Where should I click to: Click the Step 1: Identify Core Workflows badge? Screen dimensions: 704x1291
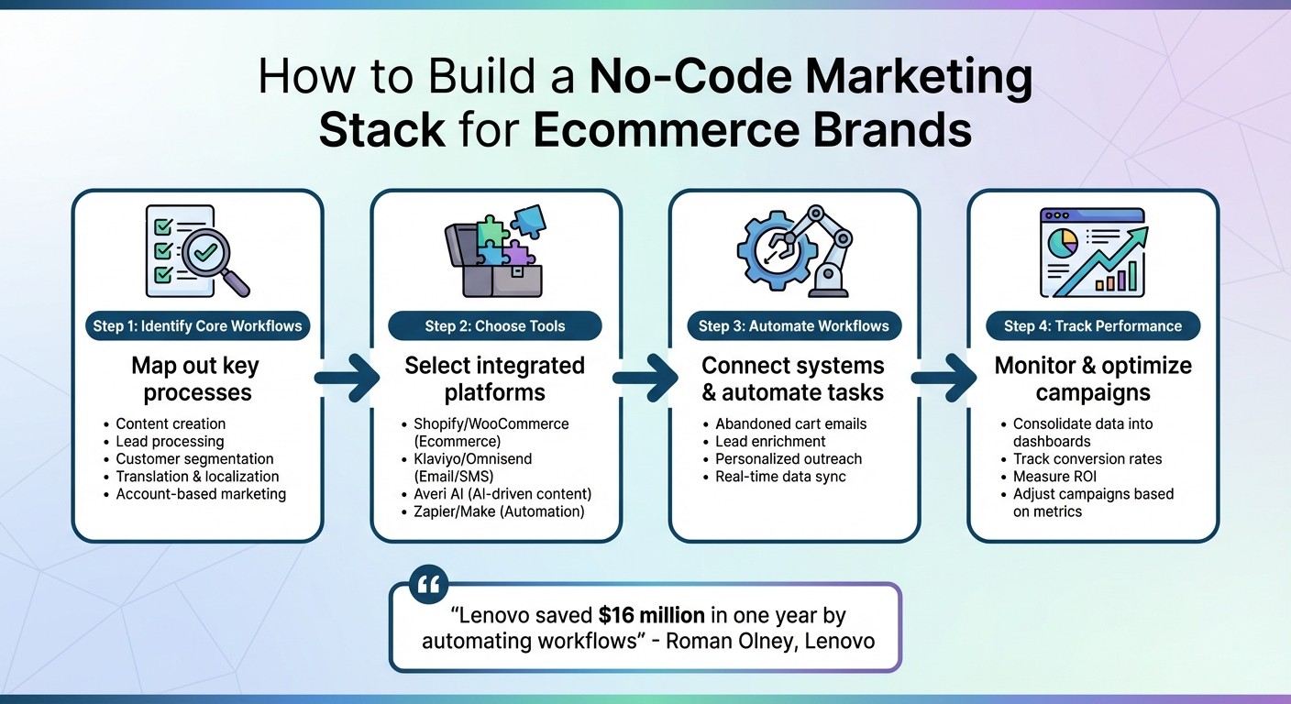point(197,326)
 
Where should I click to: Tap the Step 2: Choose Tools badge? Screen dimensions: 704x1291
point(495,326)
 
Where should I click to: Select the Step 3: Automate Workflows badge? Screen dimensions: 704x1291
point(794,326)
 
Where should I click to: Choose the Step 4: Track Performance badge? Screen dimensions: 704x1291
point(1093,326)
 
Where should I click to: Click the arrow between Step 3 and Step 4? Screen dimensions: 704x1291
point(943,377)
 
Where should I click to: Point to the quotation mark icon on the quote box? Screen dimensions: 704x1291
point(426,583)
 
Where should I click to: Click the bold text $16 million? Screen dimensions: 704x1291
point(651,615)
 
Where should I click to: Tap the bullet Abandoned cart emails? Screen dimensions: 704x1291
point(790,423)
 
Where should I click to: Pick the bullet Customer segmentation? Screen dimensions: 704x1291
point(194,458)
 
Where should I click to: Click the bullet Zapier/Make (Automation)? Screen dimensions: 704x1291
point(499,511)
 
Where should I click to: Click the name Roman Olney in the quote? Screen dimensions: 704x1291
point(727,640)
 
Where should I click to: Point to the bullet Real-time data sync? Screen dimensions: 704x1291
point(780,476)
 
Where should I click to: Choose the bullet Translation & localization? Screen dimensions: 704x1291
point(197,476)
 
